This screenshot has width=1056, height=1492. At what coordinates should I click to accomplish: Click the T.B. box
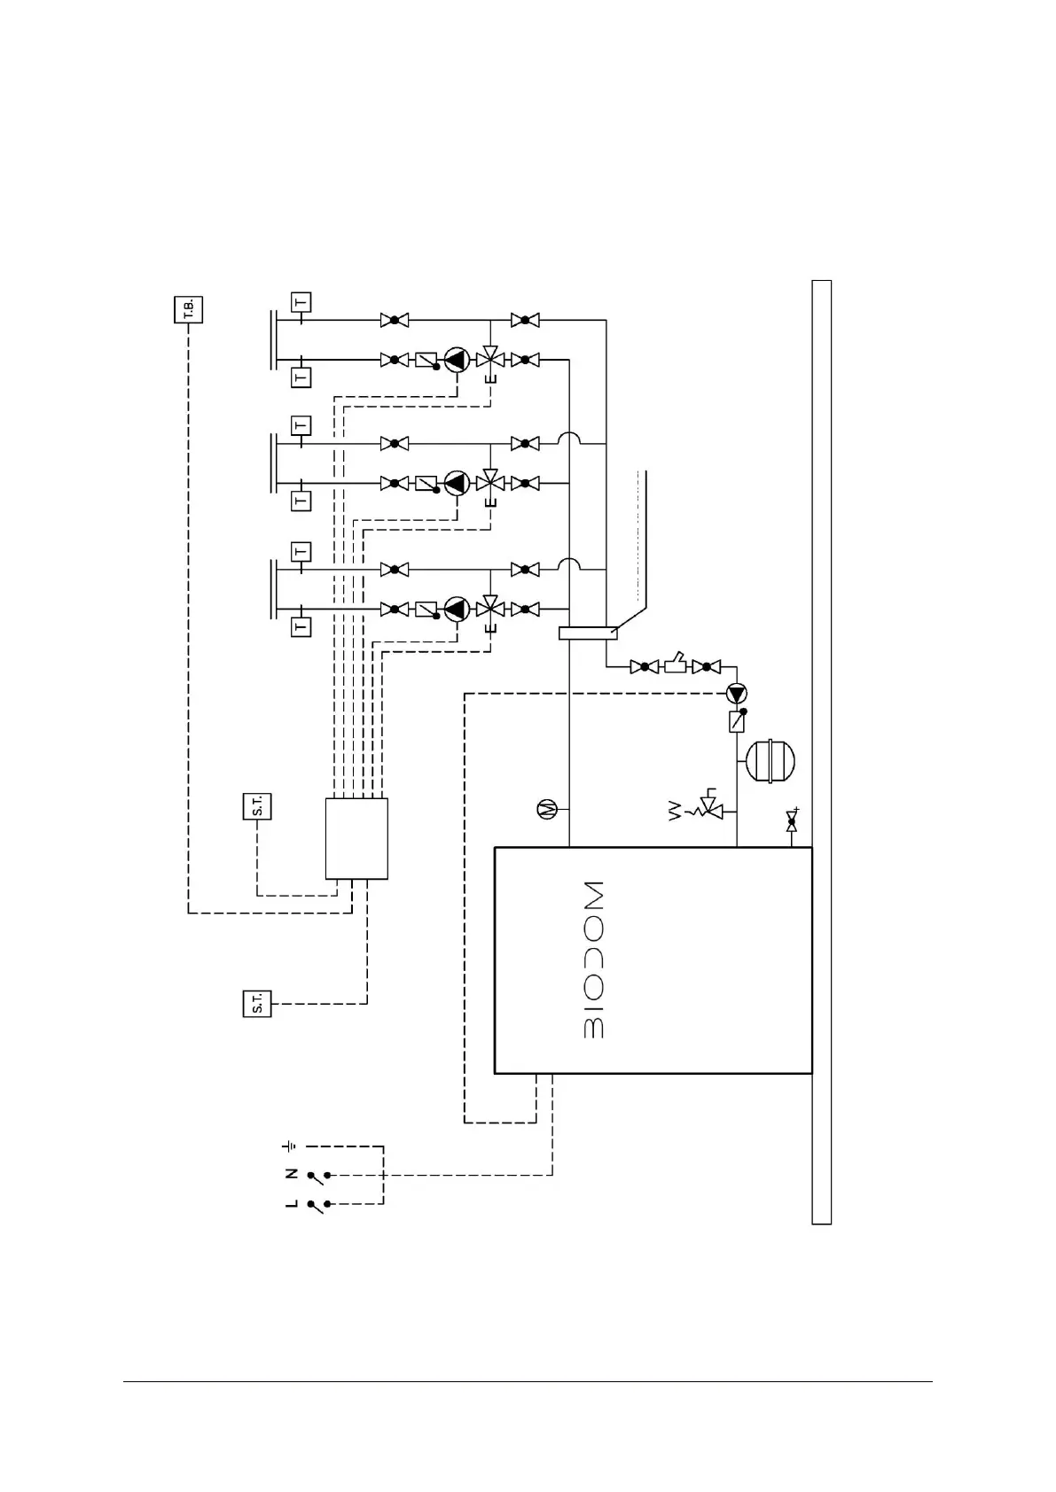click(x=188, y=309)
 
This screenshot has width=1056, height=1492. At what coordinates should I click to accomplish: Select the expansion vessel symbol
click(x=770, y=761)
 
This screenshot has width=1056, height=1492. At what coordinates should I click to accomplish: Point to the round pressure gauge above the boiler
click(x=547, y=809)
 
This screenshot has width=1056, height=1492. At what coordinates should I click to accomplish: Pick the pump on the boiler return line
click(x=737, y=693)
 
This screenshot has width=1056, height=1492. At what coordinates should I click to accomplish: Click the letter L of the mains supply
click(x=291, y=1205)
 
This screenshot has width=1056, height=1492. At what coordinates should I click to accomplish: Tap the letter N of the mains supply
click(x=291, y=1174)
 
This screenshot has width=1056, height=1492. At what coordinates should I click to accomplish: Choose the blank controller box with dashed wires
click(x=356, y=838)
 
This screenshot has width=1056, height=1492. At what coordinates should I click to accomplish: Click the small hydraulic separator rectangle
click(x=588, y=633)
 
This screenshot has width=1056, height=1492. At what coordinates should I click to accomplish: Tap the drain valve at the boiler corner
click(x=792, y=823)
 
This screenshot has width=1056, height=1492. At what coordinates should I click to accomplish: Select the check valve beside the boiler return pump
click(x=737, y=722)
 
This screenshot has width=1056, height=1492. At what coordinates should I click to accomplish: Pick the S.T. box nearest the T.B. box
click(x=257, y=806)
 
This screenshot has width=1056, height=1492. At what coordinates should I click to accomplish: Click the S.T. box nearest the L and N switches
click(x=257, y=1004)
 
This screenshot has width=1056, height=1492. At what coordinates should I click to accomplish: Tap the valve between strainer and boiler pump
click(x=707, y=666)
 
